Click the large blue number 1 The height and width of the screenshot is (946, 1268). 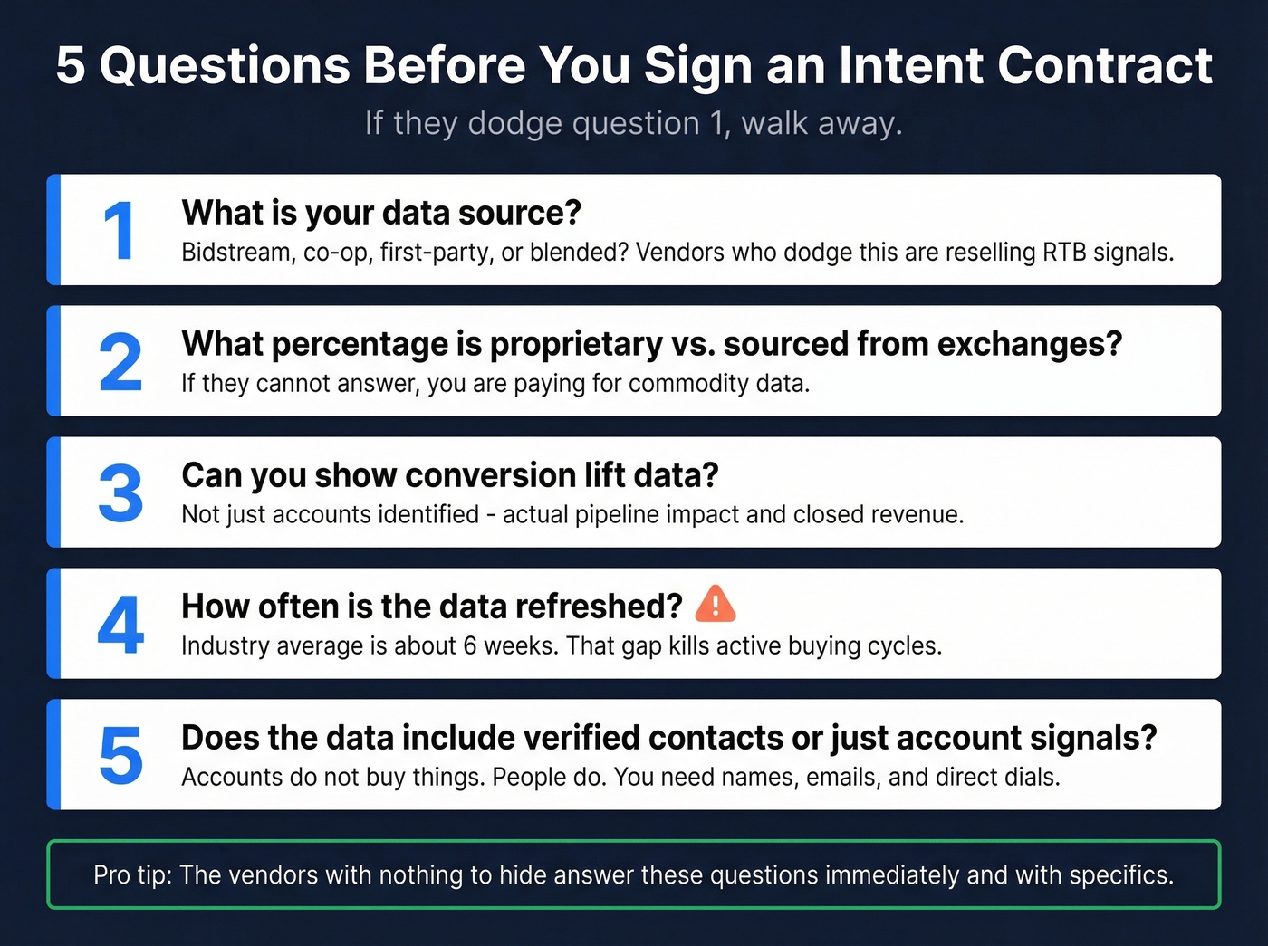click(x=120, y=231)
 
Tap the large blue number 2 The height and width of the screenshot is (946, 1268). click(x=120, y=362)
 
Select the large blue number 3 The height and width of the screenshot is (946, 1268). click(x=120, y=493)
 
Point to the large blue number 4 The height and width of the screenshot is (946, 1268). click(x=120, y=625)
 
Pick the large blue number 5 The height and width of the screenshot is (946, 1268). click(x=120, y=756)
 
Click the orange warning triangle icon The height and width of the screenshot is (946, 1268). click(x=715, y=605)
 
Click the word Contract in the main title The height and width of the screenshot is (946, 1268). click(x=1104, y=66)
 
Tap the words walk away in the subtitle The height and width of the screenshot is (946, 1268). click(x=821, y=123)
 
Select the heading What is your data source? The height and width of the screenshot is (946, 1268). click(x=381, y=213)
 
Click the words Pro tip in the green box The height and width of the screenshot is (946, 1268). click(x=132, y=875)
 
